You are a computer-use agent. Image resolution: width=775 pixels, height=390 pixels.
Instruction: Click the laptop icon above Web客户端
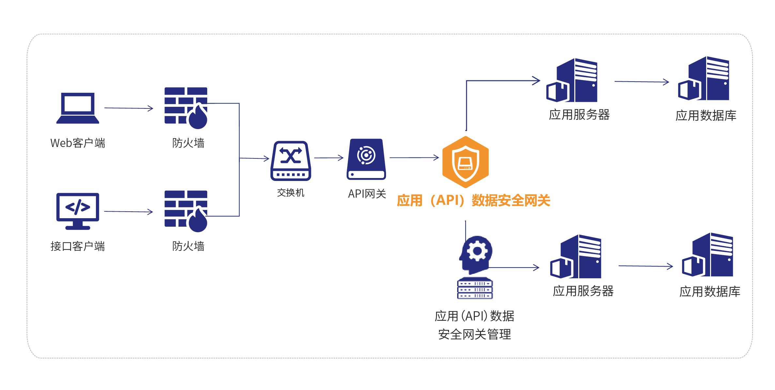[78, 108]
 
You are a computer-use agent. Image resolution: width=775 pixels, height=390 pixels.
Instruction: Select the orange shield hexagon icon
[465, 162]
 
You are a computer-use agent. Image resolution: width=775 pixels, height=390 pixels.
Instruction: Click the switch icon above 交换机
[290, 160]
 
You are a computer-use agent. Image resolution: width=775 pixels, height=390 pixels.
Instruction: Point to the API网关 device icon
[366, 159]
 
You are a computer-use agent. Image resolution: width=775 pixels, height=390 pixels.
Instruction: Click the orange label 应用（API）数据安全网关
[473, 201]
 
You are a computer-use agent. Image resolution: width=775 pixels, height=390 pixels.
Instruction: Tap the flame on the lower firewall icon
[198, 220]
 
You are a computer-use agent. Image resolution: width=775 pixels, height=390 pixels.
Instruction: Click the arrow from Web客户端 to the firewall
[129, 108]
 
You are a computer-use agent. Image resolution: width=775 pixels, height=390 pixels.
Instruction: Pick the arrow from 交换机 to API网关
[329, 158]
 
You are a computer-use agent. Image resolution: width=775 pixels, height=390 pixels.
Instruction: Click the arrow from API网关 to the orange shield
[414, 158]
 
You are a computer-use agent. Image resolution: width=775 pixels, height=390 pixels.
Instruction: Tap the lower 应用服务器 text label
[583, 291]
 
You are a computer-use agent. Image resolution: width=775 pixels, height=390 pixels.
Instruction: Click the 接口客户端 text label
[78, 246]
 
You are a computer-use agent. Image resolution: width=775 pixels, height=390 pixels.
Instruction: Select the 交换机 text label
[290, 193]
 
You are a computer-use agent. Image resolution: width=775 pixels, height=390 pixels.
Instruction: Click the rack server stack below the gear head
[475, 288]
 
